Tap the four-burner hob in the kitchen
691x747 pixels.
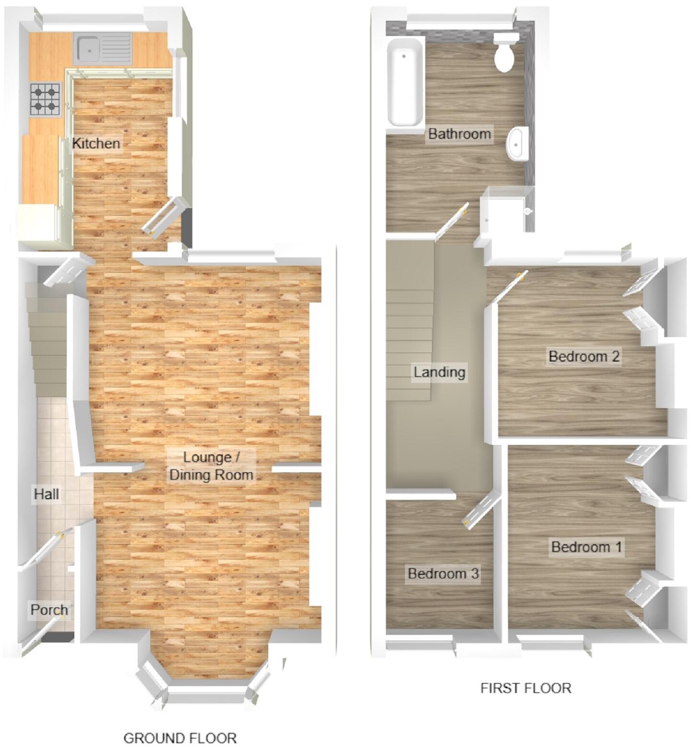pos(46,99)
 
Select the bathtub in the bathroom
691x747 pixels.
pos(405,82)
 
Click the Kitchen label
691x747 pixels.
pos(96,143)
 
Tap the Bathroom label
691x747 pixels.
pos(459,133)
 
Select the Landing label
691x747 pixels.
pos(439,372)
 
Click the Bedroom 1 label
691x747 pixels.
pos(586,547)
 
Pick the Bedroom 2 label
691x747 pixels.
pos(584,356)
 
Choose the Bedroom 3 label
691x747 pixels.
pos(443,573)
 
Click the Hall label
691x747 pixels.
pos(47,494)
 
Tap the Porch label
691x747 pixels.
pos(49,610)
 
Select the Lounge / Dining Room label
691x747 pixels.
pos(211,466)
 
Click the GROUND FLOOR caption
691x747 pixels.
pos(180,737)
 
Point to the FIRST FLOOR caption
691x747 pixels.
pos(525,688)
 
